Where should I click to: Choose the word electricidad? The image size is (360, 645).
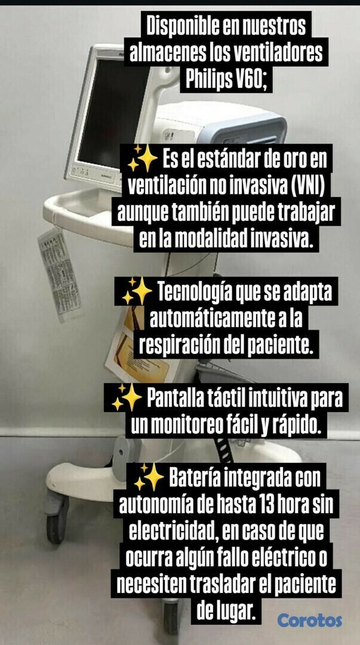[x=174, y=532]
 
